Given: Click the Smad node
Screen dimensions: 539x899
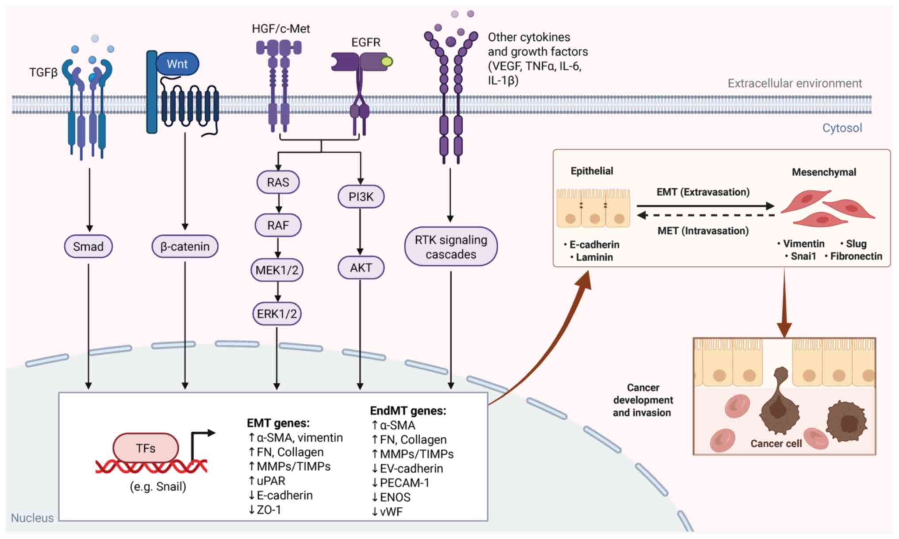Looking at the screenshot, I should tap(88, 246).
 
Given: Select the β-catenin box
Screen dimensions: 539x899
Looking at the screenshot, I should tap(185, 246).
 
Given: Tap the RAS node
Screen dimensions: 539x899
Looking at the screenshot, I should tap(278, 182).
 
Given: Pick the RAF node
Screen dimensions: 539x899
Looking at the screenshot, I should tap(278, 225).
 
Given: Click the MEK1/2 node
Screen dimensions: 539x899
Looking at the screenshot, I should tap(277, 270).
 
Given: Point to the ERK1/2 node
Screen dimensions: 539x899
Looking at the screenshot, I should tap(277, 314).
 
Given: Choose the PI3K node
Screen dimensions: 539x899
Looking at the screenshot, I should tap(361, 197).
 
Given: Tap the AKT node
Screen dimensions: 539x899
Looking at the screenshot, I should tap(361, 268).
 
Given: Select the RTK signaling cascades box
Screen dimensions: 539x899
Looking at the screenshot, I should tap(451, 247).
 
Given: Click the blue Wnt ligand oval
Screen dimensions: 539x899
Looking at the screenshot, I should tap(177, 64).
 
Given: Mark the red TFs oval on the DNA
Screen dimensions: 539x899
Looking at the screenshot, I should tap(146, 448).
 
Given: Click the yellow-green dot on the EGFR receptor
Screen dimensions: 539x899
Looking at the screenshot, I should tap(386, 62).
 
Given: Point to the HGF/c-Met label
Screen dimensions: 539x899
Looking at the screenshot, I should tap(280, 29).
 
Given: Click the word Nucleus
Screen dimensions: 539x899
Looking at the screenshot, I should tap(32, 518).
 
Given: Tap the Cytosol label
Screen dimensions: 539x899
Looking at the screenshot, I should tap(842, 128).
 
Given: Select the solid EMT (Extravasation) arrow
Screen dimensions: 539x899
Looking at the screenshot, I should tap(705, 206).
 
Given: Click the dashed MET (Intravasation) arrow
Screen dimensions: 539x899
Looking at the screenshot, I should tap(705, 216).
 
